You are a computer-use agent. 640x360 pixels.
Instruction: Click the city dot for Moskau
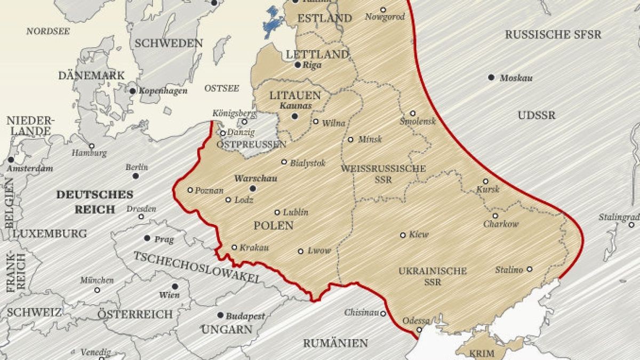coord(491,77)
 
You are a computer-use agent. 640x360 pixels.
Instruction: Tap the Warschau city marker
coord(253,188)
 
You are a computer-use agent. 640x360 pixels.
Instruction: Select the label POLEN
coord(273,226)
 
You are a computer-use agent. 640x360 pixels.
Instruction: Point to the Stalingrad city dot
coord(631,225)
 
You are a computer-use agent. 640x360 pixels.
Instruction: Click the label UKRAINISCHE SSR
coord(433,276)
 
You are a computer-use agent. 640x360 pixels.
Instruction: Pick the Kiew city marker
coord(403,235)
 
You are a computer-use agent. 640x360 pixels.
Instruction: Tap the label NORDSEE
coord(48,31)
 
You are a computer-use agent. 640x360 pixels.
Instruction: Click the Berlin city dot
coord(136,176)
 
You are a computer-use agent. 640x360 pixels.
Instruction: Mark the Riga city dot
coord(298,65)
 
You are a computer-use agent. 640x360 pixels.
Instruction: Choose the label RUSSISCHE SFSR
coord(553,35)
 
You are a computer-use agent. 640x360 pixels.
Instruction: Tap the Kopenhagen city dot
coord(133,91)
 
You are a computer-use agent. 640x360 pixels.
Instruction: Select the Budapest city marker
coord(220,316)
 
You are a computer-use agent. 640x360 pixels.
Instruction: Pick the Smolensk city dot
coord(412,113)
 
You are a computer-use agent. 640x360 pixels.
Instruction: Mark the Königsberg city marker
coord(244,122)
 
